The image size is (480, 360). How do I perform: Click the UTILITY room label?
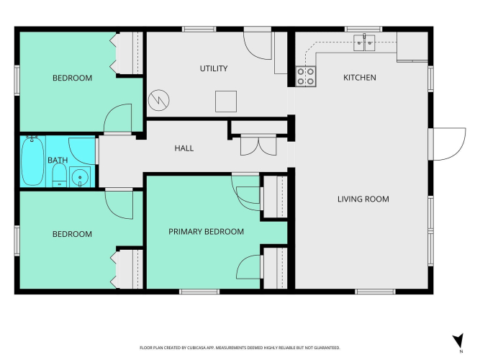214,68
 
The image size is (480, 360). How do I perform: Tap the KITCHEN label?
360,78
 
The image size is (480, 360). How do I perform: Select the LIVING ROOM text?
363,199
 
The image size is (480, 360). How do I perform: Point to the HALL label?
184,148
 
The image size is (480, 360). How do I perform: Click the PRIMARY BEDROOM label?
206,232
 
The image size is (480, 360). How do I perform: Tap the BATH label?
58,161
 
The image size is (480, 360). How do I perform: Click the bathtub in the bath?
32,161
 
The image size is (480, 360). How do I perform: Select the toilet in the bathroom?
60,175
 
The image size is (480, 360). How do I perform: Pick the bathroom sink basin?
80,177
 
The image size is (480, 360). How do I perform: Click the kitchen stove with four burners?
306,76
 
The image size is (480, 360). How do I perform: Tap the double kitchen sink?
364,43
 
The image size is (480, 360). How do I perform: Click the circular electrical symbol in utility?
158,100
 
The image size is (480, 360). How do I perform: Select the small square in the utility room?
226,102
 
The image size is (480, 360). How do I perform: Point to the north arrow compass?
458,341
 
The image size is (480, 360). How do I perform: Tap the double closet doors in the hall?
258,145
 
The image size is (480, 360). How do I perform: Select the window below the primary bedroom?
199,292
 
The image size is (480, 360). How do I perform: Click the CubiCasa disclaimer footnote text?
240,348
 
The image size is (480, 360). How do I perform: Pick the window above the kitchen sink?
363,29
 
